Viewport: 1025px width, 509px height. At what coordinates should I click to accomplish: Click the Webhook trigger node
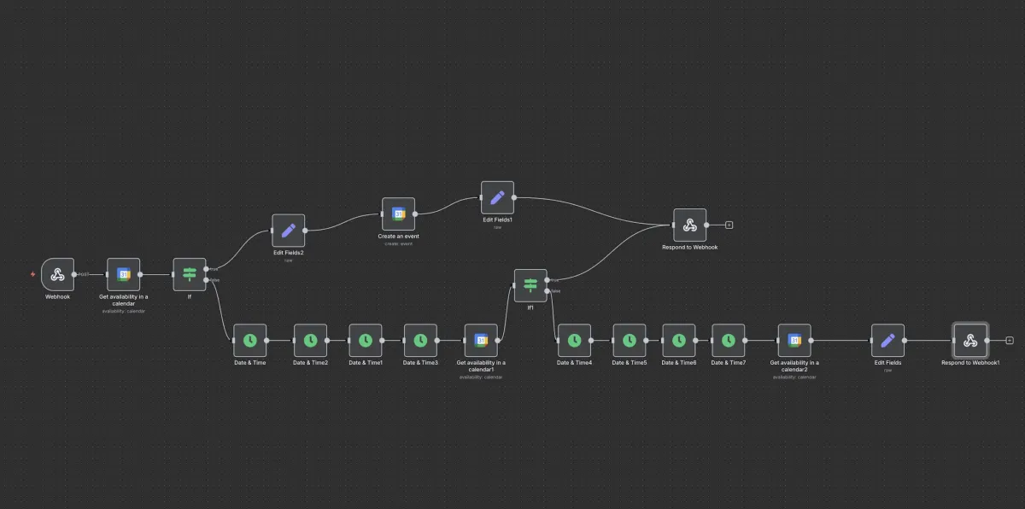tap(58, 274)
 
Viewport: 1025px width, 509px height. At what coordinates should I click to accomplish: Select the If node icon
tap(190, 274)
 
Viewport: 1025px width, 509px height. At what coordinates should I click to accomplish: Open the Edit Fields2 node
tap(289, 230)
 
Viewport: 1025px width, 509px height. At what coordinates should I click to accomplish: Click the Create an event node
tap(398, 214)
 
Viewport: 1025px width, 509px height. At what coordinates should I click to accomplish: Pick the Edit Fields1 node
tap(497, 197)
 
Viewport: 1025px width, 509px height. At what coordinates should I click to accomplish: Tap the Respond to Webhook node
tap(690, 225)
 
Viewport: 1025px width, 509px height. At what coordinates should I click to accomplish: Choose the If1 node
tap(530, 285)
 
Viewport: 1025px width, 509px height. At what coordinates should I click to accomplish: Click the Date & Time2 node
tap(311, 340)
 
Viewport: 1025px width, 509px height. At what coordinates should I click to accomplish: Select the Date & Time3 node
tap(420, 340)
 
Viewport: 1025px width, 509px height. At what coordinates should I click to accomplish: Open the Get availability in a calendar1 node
tap(481, 340)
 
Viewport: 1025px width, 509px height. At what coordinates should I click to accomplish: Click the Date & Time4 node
tap(574, 340)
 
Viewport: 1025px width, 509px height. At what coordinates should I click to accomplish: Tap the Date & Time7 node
tap(729, 340)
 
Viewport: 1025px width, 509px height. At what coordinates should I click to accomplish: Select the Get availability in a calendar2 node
tap(794, 340)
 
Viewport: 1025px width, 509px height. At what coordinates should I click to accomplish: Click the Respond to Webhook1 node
tap(970, 340)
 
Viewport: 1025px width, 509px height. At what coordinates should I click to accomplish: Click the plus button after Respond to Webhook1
tap(1010, 340)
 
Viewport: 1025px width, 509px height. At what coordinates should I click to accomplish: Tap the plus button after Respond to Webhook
tap(729, 225)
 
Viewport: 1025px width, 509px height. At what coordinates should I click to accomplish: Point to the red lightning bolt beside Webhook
tap(33, 274)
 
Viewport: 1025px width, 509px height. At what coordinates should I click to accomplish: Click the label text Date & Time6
tap(679, 363)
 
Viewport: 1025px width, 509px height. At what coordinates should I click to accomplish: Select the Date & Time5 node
tap(630, 340)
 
